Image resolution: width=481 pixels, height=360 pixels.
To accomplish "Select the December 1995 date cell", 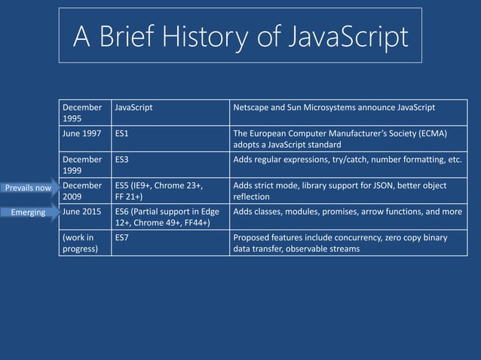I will point(84,113).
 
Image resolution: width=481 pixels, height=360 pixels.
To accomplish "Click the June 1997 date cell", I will point(84,133).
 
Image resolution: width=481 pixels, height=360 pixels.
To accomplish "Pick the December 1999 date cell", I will point(84,165).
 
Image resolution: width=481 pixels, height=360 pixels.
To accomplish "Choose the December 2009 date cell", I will point(84,191).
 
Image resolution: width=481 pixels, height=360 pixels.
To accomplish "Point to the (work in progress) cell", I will point(84,243).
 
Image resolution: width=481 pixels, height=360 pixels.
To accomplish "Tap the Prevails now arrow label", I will point(28,188).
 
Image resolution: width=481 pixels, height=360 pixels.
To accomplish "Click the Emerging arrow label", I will point(28,213).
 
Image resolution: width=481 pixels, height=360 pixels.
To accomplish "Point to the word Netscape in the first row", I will point(253,108).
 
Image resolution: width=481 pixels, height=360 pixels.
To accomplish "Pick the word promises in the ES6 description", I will point(339,212).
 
